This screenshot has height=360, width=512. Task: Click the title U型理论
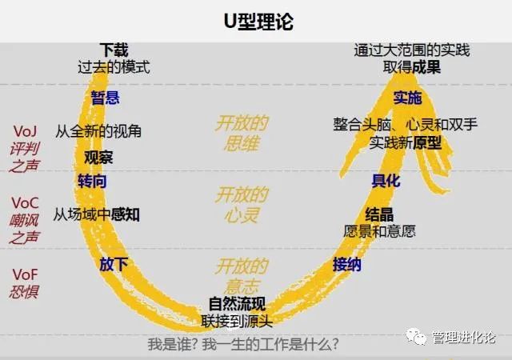256,22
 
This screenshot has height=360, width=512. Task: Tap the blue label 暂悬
106,97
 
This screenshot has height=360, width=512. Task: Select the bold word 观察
99,157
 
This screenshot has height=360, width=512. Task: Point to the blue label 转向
92,181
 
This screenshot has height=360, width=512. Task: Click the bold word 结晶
378,214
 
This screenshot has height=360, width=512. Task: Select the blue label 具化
386,181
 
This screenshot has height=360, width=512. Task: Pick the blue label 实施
407,98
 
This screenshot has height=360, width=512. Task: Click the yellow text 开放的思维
241,133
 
